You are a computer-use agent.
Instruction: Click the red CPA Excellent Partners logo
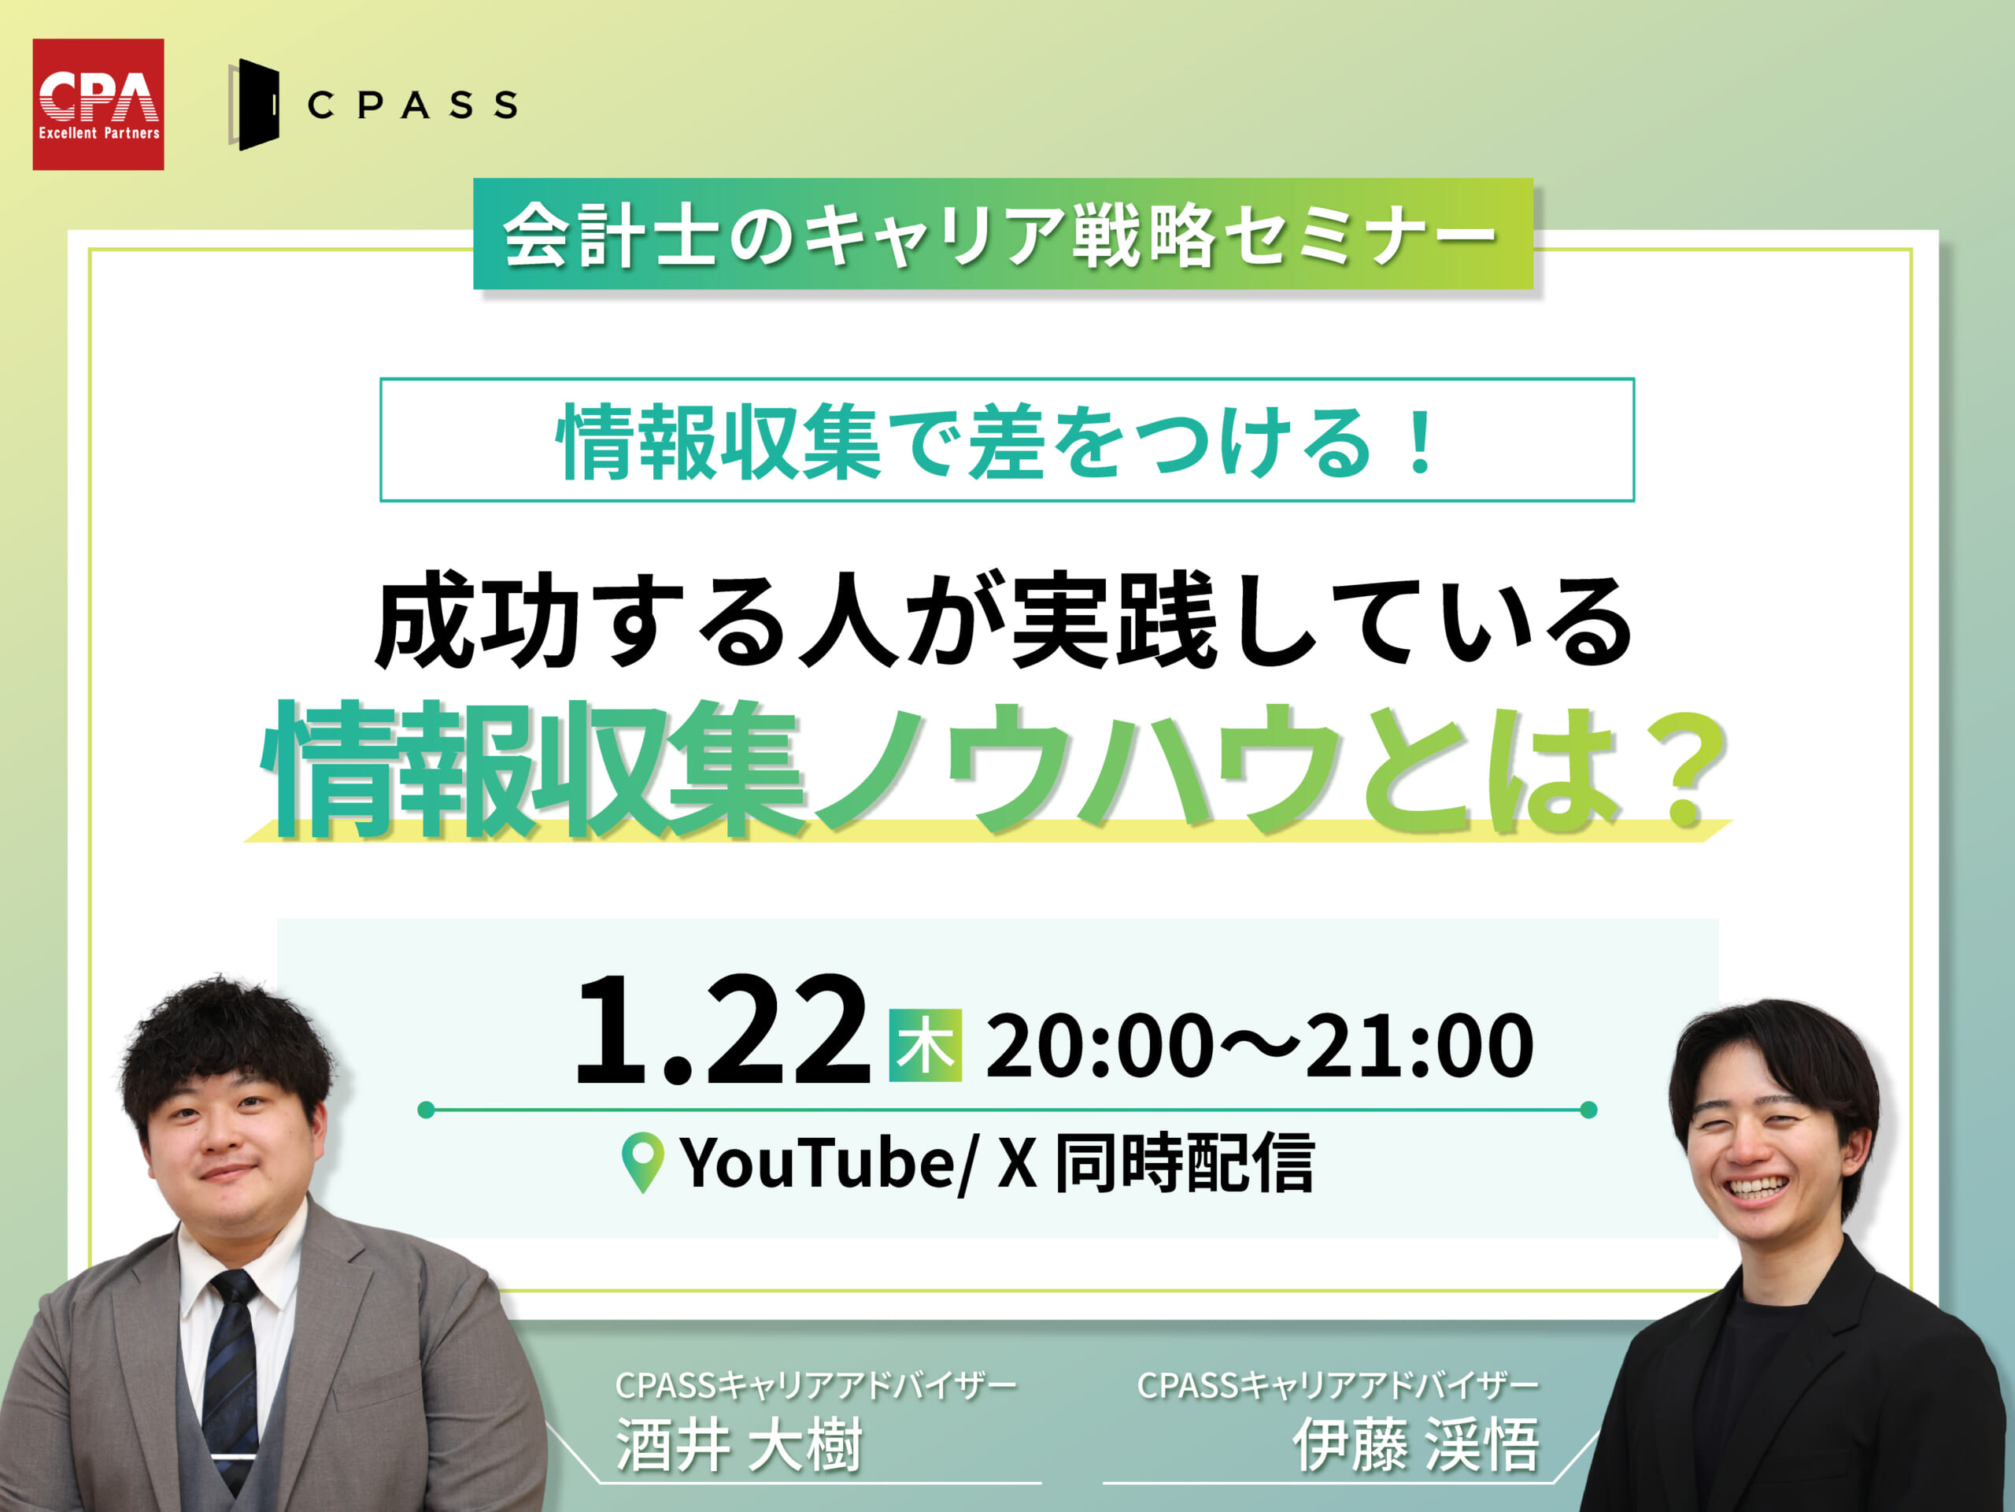pos(98,104)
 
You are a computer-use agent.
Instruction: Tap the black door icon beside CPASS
pos(254,105)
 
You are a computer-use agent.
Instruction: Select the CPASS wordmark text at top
pos(412,105)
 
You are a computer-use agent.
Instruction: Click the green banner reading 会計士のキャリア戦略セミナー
pos(1003,233)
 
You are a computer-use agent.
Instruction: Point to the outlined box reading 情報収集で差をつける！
pos(1007,439)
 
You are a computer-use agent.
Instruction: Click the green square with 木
pos(926,1045)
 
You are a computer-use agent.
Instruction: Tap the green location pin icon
pos(642,1163)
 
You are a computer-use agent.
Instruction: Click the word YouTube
pos(817,1164)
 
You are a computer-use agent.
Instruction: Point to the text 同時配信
pos(1185,1163)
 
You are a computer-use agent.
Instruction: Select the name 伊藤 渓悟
pos(1417,1444)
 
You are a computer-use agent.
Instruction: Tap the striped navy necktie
pos(231,1377)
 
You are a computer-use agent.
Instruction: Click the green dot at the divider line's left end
pos(425,1109)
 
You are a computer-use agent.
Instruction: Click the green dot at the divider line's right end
pos(1588,1109)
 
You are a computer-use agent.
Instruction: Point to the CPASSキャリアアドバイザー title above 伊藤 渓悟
pos(1338,1385)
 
